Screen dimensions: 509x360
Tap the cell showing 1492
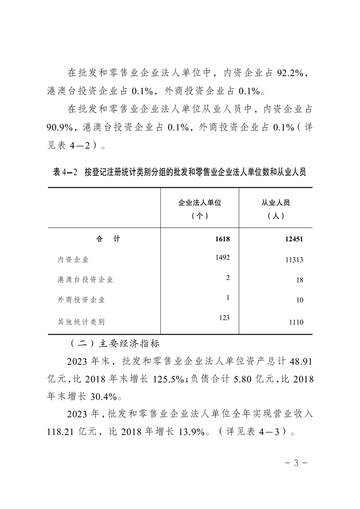[x=223, y=257]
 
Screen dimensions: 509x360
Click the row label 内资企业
[x=73, y=260]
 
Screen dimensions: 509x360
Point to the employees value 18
[x=300, y=280]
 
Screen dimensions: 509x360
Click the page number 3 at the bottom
[x=296, y=463]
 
